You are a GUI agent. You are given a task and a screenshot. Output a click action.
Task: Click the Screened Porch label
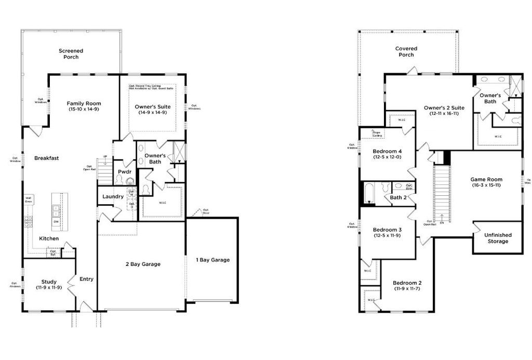(x=71, y=54)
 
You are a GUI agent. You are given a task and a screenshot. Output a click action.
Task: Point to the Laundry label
(x=113, y=196)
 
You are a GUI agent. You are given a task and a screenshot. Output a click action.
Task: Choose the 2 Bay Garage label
(x=143, y=264)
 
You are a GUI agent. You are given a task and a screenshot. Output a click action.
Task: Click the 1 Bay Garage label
(x=212, y=260)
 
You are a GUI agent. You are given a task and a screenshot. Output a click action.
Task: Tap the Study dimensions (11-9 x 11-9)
(x=49, y=287)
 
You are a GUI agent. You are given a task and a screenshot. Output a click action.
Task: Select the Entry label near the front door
(x=86, y=279)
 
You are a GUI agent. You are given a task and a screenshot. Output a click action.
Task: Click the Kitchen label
(x=49, y=238)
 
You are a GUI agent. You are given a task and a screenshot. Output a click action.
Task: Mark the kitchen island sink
(x=56, y=209)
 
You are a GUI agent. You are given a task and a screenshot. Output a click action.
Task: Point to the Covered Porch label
(x=406, y=51)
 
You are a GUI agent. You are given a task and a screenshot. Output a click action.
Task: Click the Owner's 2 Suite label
(x=444, y=108)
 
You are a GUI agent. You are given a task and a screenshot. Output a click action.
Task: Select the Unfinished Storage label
(x=498, y=238)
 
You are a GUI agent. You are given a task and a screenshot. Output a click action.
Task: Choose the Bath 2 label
(x=398, y=197)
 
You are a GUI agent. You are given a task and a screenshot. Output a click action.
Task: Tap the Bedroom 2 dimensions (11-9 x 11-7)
(x=407, y=288)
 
